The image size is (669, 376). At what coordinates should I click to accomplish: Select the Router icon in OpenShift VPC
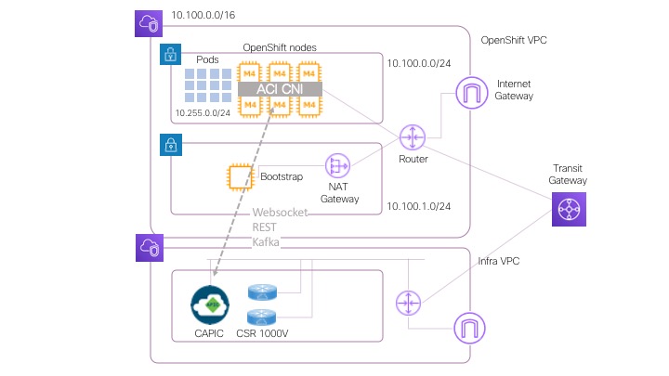tap(412, 137)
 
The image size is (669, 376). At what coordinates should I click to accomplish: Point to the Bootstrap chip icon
tap(242, 176)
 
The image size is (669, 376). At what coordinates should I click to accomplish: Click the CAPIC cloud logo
tap(210, 304)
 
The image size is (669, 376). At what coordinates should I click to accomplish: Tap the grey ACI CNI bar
tap(280, 88)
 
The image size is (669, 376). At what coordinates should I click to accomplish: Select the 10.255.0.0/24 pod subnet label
tap(202, 113)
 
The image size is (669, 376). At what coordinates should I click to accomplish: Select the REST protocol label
tap(266, 227)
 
